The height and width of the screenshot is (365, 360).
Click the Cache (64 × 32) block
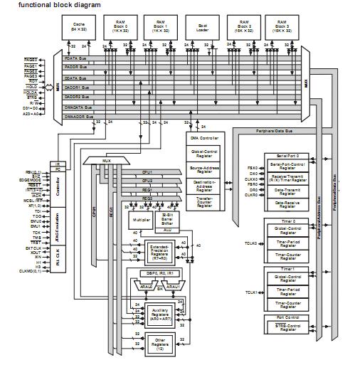[x=79, y=28]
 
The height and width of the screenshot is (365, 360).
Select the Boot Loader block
[x=201, y=28]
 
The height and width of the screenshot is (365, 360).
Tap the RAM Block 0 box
[x=119, y=28]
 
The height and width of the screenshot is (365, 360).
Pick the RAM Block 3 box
[x=282, y=28]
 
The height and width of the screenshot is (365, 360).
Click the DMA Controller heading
[x=203, y=137]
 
